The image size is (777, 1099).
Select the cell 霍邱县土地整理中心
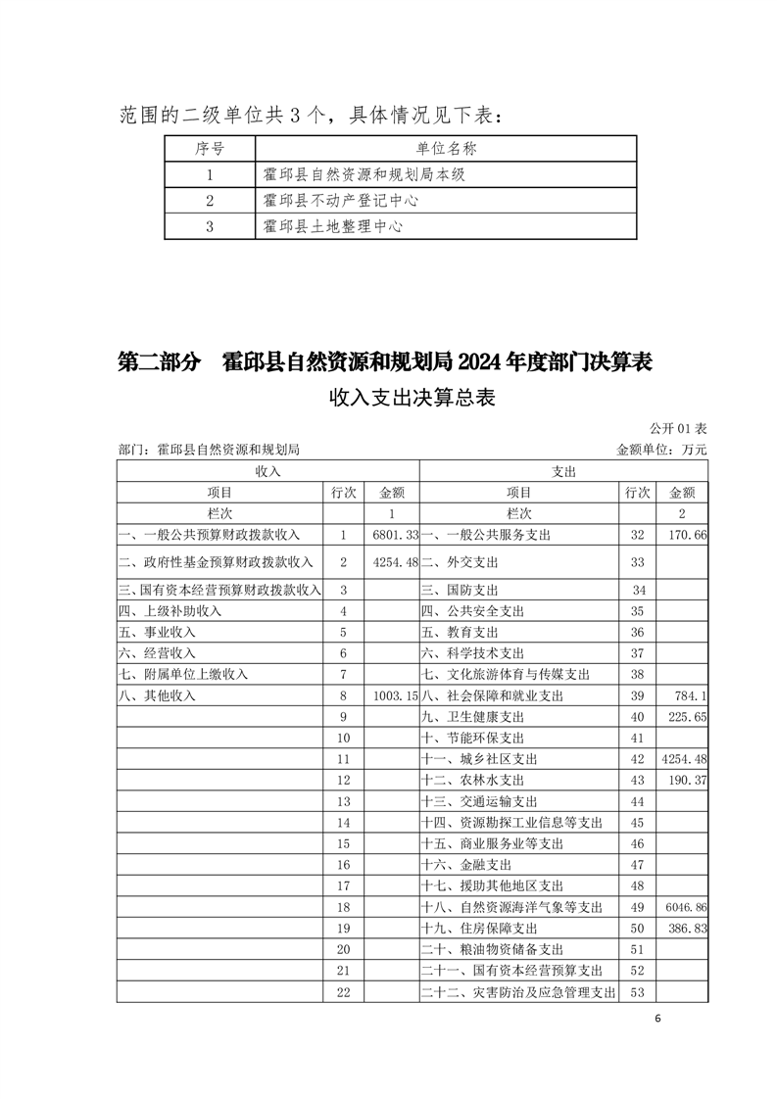point(333,226)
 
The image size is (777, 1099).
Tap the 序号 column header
point(210,149)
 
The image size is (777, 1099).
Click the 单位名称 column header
point(446,149)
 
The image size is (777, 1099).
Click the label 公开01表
point(677,429)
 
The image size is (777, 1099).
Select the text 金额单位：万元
point(660,450)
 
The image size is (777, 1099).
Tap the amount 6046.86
point(685,908)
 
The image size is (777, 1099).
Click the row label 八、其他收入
point(158,695)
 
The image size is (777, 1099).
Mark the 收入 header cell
point(267,471)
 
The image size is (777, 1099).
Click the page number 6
point(658,1019)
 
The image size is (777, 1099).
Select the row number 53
point(638,992)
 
